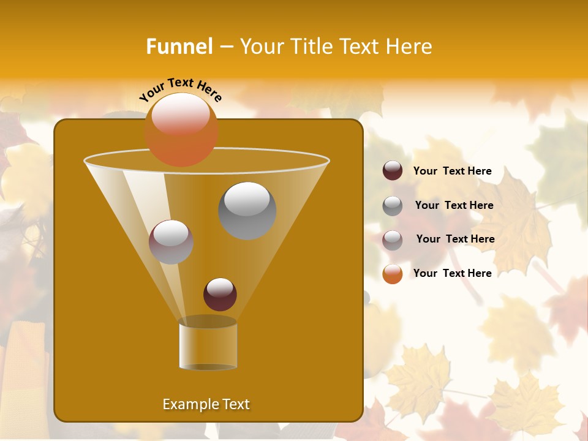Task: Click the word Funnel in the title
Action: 179,47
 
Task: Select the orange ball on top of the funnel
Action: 181,129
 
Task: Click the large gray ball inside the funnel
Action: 247,210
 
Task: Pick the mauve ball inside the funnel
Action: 171,242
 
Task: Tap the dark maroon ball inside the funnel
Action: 220,294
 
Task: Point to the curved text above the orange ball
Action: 180,89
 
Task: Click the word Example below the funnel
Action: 186,404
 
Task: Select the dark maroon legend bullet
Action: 393,171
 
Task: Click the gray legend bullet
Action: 393,205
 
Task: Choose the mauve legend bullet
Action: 393,239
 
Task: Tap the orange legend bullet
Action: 393,274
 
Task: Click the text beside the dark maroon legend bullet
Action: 452,171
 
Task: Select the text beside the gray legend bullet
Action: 454,205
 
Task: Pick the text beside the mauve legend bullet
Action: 455,239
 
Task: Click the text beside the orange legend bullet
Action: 452,273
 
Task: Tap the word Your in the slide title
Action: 260,47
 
